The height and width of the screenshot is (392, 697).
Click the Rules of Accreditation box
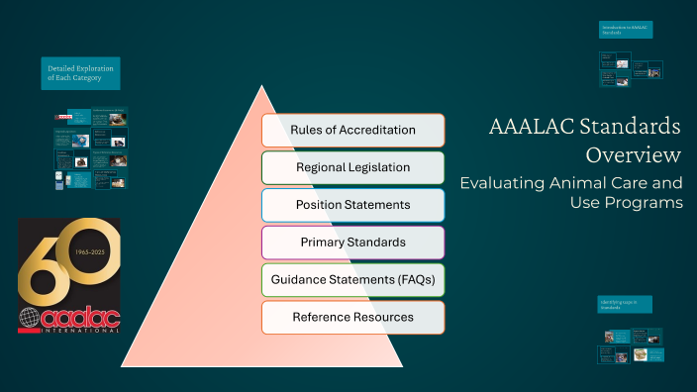point(352,131)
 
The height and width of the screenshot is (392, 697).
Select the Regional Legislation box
point(352,167)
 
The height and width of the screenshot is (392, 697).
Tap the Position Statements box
point(352,205)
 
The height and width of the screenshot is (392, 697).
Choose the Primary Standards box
point(352,243)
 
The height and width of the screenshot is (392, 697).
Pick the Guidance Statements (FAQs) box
point(352,280)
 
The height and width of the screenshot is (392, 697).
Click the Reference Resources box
point(352,317)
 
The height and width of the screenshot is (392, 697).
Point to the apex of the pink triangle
point(262,88)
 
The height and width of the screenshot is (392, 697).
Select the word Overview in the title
point(633,155)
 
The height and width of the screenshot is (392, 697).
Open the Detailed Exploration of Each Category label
point(81,73)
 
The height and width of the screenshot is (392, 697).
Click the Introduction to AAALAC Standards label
point(626,30)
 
